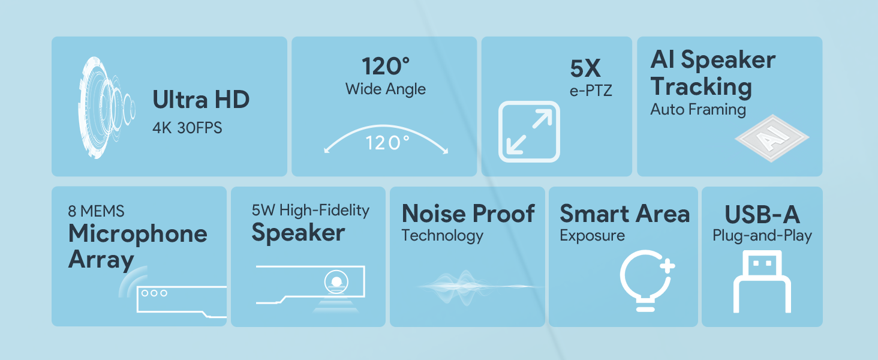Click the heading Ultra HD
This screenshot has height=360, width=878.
click(x=200, y=100)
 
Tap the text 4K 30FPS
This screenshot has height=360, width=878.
click(x=187, y=128)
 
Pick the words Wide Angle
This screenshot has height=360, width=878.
click(x=385, y=89)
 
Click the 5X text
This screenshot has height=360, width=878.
click(x=585, y=69)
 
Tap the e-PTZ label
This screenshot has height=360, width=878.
click(x=591, y=92)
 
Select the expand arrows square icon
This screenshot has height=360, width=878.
click(x=529, y=131)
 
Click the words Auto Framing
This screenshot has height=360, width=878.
click(x=698, y=109)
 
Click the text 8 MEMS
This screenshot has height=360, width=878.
click(x=97, y=211)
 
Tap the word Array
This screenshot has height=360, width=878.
click(x=101, y=260)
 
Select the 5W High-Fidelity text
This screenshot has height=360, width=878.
click(x=311, y=210)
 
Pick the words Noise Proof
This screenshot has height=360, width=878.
click(x=468, y=214)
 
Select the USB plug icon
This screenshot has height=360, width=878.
click(x=762, y=282)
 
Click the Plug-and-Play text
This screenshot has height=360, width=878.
click(x=762, y=236)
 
